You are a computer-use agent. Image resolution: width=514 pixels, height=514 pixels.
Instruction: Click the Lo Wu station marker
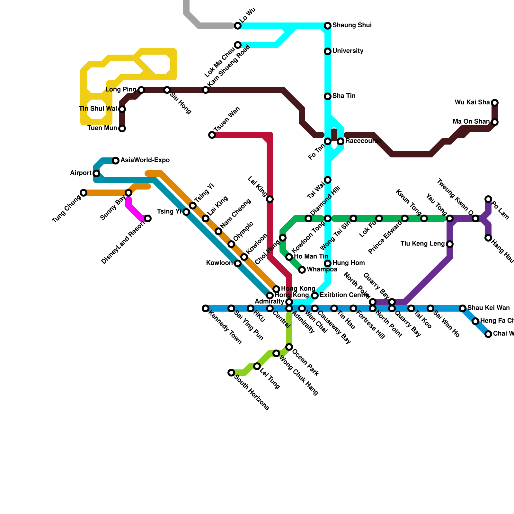238,26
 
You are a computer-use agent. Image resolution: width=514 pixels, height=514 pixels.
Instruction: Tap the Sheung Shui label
352,25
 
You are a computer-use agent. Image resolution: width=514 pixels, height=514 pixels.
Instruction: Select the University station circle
328,51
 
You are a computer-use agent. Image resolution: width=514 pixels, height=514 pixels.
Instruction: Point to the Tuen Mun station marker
122,128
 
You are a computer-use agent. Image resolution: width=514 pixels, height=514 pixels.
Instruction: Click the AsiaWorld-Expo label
145,160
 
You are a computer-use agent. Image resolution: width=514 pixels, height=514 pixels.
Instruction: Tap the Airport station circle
96,173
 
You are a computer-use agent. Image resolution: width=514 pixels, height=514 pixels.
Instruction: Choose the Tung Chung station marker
84,193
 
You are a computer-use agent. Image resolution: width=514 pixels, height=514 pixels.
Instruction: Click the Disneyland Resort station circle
148,218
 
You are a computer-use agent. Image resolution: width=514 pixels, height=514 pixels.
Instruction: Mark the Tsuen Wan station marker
212,135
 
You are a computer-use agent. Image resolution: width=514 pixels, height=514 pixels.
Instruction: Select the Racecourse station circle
341,141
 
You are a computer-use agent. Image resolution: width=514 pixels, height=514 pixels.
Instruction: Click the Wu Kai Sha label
472,102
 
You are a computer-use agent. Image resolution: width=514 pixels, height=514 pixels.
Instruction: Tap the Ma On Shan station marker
495,122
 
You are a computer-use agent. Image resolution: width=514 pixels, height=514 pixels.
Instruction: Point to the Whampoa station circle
302,270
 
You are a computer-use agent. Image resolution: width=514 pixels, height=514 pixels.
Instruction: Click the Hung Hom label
348,263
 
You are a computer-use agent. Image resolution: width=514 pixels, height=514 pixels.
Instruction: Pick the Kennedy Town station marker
206,308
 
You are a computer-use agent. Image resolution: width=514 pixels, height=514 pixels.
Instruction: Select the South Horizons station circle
231,373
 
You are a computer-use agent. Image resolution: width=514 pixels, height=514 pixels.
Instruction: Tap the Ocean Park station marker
289,347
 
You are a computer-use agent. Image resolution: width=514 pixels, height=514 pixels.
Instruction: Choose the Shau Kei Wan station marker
463,308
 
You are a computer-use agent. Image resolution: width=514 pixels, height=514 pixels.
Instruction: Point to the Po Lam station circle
488,199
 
